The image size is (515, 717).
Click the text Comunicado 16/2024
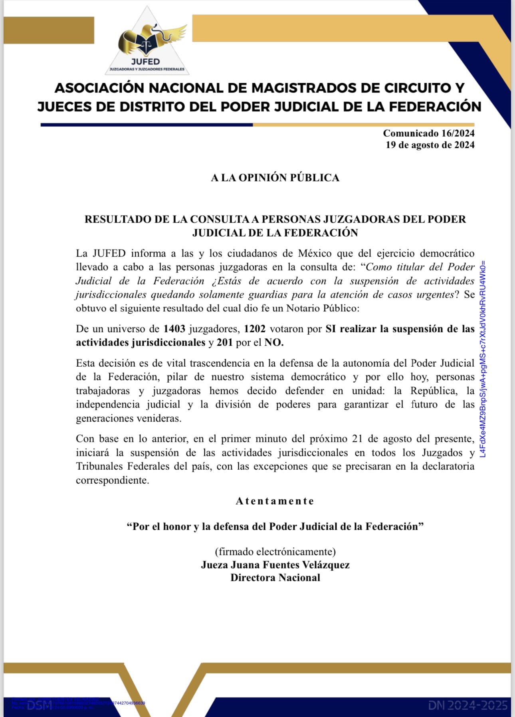[428, 133]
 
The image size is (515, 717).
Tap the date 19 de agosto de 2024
[430, 145]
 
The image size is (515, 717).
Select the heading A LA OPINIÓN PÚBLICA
[275, 178]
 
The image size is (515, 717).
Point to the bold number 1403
[174, 329]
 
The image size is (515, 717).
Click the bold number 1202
[255, 329]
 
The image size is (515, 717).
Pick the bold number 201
[225, 343]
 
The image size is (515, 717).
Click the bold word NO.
[273, 343]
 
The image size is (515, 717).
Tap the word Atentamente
[275, 501]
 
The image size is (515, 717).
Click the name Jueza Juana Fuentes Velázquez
[275, 565]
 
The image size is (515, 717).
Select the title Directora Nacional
[275, 578]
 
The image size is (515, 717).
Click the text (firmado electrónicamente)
[275, 552]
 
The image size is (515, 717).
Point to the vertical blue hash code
[483, 359]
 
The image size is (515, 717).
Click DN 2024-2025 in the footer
[468, 705]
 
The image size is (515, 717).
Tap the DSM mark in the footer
[40, 705]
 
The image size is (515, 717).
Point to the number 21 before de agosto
[357, 439]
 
